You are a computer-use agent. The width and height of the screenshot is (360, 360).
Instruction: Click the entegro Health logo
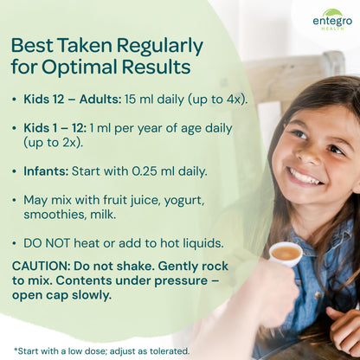coord(332,20)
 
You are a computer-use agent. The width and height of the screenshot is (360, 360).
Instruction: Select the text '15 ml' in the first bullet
coord(135,100)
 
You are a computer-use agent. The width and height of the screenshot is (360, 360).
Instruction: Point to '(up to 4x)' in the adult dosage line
coord(218,100)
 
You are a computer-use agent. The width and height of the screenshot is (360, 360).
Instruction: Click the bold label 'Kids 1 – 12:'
coord(55,128)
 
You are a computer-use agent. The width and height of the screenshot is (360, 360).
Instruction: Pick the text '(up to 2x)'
coord(53,143)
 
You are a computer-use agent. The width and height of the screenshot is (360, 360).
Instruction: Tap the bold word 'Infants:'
coord(46,171)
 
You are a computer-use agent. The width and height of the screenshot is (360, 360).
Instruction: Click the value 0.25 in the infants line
coord(145,171)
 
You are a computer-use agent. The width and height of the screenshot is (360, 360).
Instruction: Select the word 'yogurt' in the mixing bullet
coord(184,201)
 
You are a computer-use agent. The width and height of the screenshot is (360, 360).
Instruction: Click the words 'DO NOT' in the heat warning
coord(47,243)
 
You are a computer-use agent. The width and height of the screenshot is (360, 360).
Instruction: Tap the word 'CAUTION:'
coord(41,266)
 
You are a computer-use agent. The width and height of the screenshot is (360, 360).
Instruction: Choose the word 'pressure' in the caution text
coord(181,281)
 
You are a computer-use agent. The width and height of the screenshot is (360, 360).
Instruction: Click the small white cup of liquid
coord(286,254)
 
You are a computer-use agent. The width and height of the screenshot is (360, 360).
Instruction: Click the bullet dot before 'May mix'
coord(14,201)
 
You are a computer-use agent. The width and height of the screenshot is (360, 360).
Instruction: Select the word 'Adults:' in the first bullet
coord(100,100)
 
